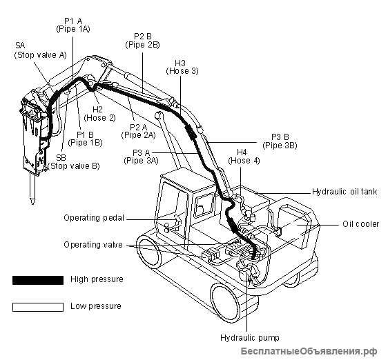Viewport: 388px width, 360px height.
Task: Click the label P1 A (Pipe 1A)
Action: click(73, 25)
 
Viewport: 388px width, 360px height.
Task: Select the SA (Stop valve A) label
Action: click(40, 50)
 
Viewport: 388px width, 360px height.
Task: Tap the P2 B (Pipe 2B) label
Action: click(142, 41)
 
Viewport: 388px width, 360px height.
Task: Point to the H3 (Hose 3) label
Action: click(182, 67)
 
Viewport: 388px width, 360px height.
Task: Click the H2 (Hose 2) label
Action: click(99, 114)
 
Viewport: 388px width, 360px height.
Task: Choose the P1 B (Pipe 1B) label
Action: click(85, 139)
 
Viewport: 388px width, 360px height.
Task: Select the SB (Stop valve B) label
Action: click(73, 162)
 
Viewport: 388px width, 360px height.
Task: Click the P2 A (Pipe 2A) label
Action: click(138, 131)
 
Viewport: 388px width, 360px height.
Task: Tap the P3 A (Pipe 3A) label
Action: click(141, 157)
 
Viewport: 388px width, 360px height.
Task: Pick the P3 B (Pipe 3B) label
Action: click(280, 141)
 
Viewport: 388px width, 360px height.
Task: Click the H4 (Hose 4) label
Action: click(244, 157)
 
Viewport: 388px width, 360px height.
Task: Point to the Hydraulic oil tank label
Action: click(345, 192)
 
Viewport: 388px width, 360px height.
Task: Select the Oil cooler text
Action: click(361, 224)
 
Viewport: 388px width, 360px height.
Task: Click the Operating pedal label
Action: click(94, 218)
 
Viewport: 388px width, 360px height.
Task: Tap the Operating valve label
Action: click(93, 245)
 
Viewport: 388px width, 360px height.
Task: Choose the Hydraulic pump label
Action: click(250, 338)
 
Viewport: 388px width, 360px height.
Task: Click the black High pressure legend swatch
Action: click(38, 280)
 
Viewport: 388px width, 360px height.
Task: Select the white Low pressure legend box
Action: click(38, 307)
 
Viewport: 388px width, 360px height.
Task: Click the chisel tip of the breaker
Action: click(32, 203)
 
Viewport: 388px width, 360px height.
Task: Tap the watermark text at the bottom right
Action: click(309, 351)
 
